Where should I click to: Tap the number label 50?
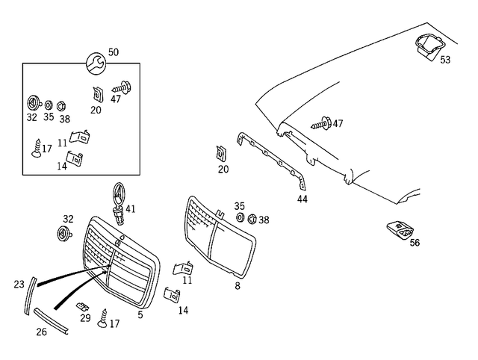coord(113,52)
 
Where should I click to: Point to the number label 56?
coord(415,243)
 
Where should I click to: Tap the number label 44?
coord(302,199)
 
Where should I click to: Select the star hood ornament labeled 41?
coord(117,201)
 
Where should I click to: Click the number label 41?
coord(131,208)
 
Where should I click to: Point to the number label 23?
coord(19,284)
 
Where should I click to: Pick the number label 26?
coord(41,332)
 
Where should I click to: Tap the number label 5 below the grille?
coord(140,315)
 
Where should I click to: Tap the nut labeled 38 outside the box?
coord(252,220)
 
